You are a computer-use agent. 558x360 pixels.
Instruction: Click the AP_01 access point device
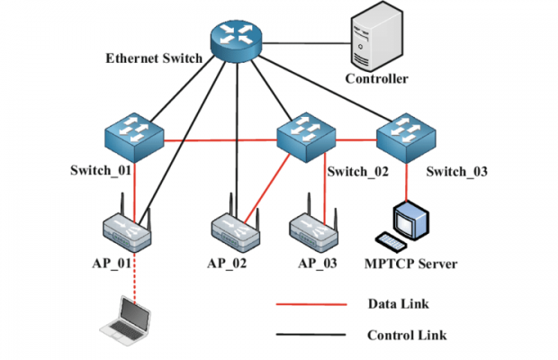point(126,232)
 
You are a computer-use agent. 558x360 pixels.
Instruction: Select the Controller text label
point(377,79)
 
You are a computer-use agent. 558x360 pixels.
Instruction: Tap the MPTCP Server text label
point(411,264)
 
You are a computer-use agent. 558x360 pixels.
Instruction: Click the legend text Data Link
point(399,303)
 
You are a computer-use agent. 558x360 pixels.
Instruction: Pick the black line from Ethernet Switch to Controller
point(306,38)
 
